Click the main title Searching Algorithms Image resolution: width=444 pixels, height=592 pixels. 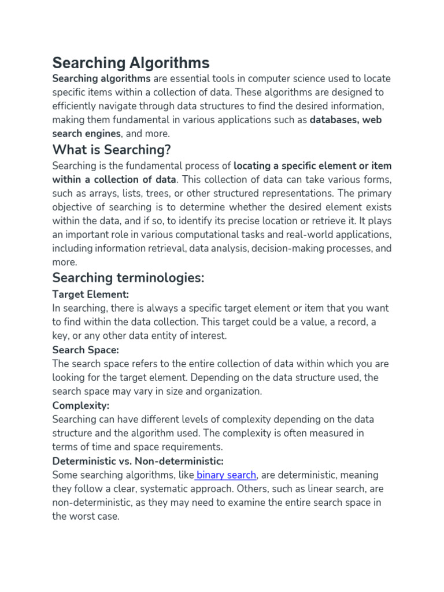coord(131,62)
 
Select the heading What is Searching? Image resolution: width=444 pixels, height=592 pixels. coord(112,150)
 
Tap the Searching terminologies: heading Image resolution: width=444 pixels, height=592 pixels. coord(128,277)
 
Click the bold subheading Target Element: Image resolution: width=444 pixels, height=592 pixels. coord(90,294)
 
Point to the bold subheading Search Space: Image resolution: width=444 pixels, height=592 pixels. coord(86,350)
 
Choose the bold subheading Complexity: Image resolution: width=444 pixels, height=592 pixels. coord(80,405)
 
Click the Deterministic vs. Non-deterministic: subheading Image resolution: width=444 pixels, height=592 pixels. coord(138,461)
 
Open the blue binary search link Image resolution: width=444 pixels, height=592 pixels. coord(226,475)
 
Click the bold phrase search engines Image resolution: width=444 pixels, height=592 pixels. coord(86,134)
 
